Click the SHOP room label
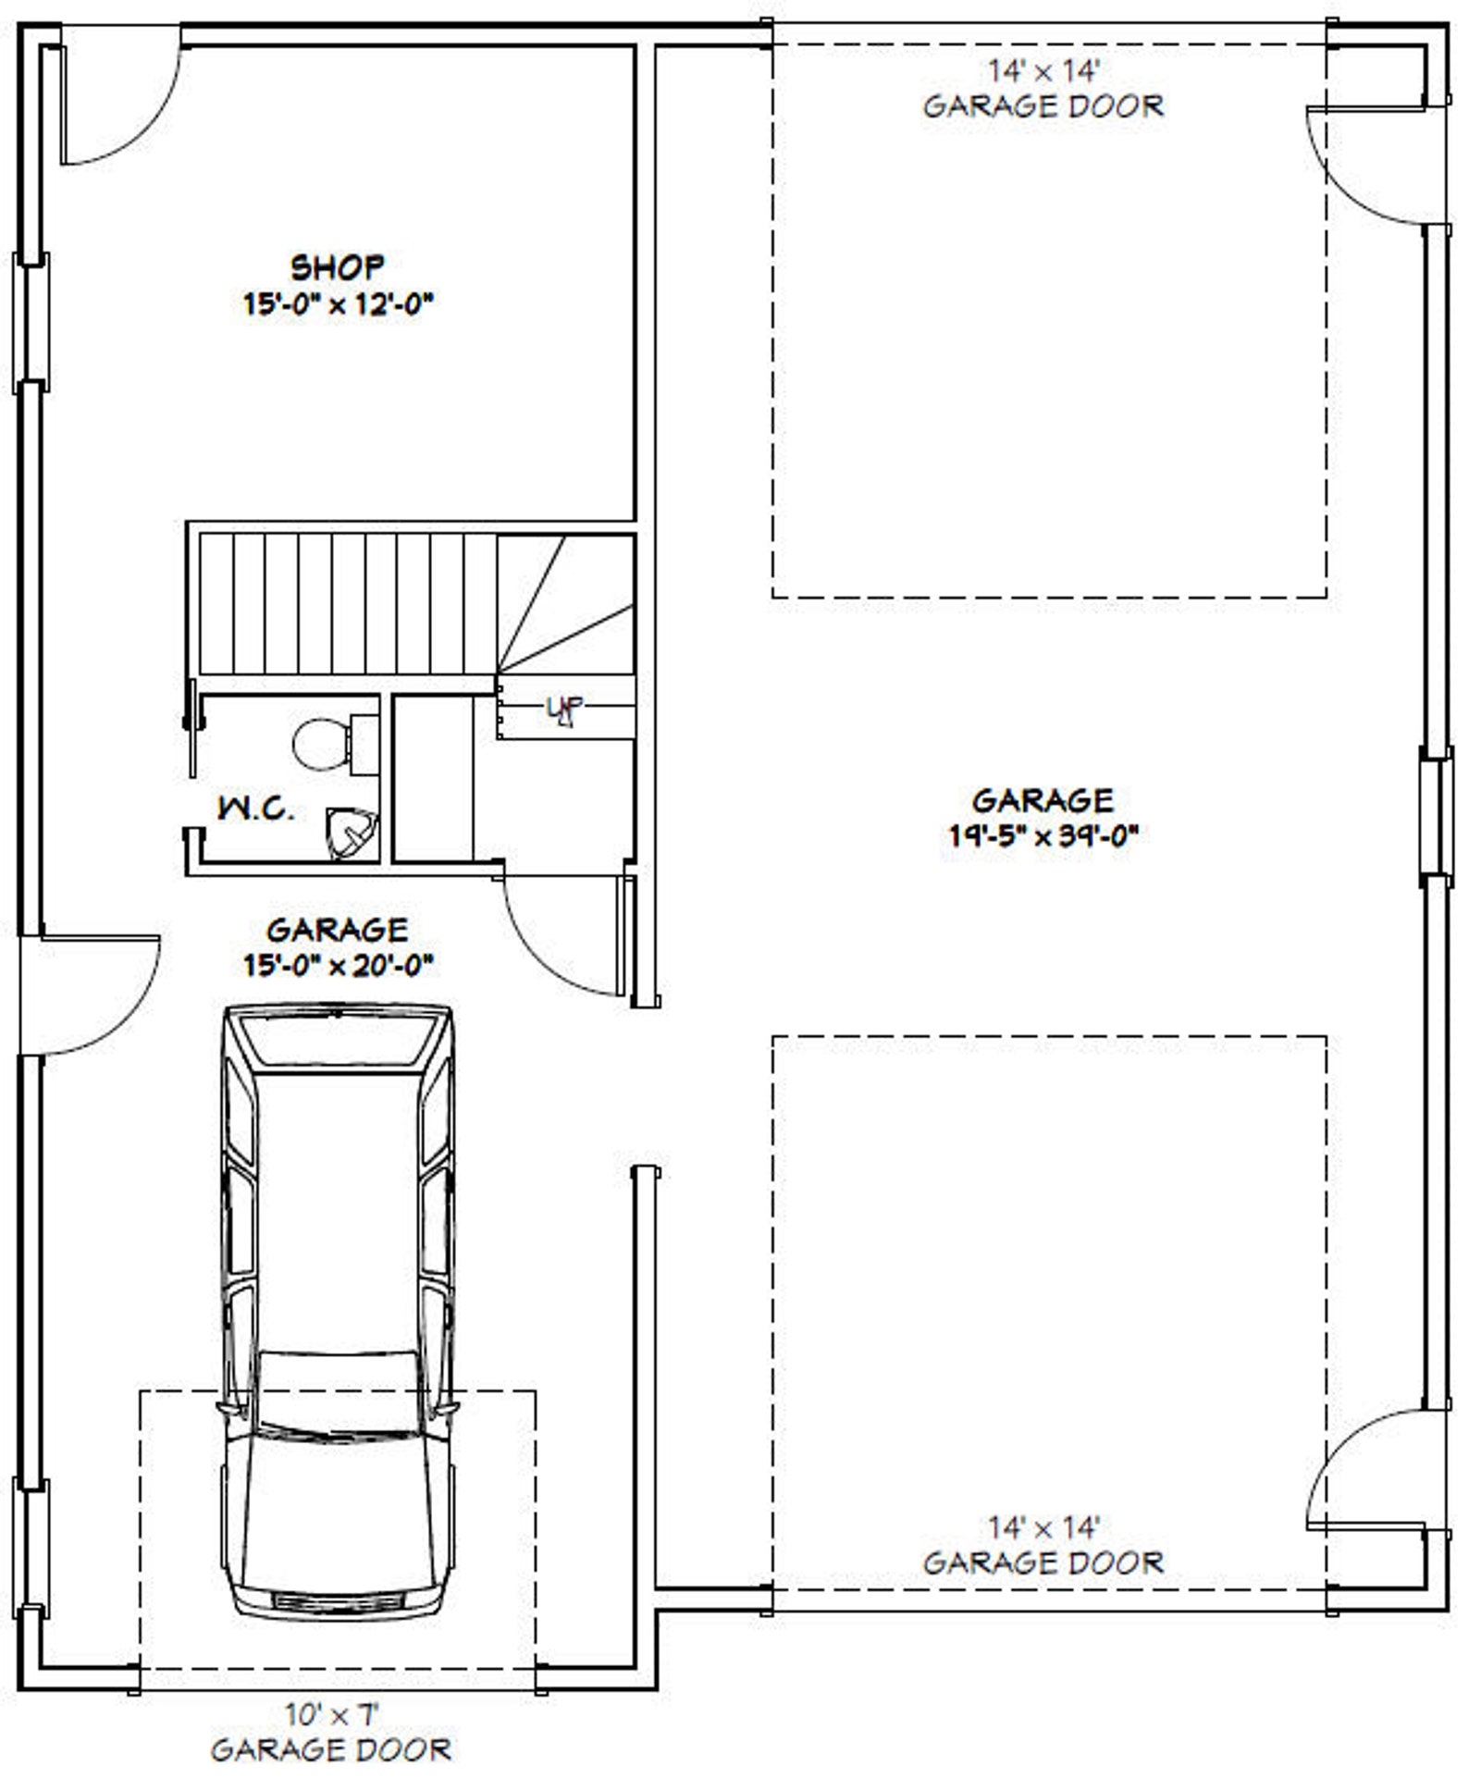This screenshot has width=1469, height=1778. [x=337, y=267]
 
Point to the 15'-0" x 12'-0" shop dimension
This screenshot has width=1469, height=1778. [x=339, y=304]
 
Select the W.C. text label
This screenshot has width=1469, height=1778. [x=256, y=809]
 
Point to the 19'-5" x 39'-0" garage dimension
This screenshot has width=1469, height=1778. [x=1043, y=835]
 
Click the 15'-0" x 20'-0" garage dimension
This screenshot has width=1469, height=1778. [x=339, y=966]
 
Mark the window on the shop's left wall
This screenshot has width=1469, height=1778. [x=29, y=324]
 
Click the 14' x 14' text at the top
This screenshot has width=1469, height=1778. [x=1044, y=70]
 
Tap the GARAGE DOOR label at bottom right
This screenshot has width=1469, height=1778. [x=1043, y=1563]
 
